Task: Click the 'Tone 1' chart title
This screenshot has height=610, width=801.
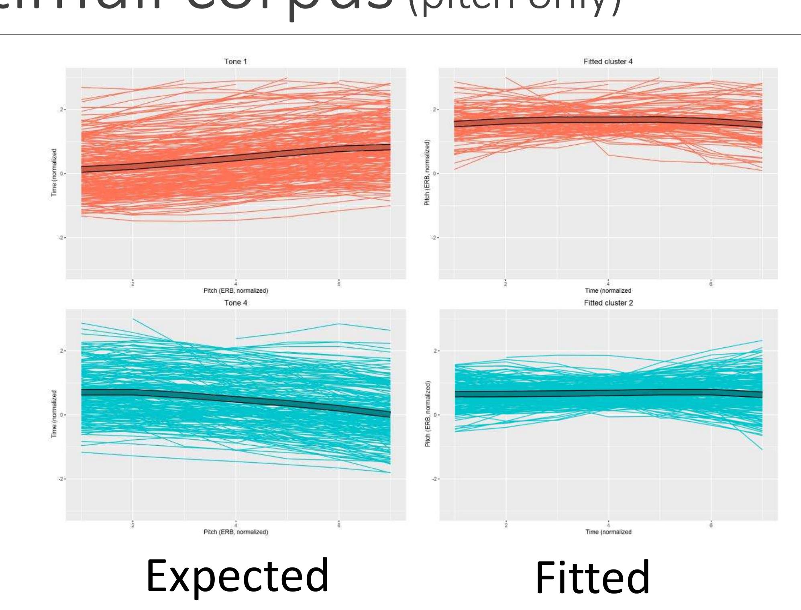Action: [235, 61]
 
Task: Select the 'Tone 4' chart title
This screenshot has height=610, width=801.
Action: [235, 303]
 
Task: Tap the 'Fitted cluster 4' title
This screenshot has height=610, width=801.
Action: [608, 61]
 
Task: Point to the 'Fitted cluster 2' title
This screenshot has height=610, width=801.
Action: [608, 303]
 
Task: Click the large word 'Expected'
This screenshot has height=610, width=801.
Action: [237, 576]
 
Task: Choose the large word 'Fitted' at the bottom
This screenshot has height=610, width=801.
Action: [593, 578]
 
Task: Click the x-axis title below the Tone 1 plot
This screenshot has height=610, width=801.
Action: [235, 290]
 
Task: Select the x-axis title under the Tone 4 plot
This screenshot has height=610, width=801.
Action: [235, 532]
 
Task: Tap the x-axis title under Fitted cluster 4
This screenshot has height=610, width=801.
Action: [608, 290]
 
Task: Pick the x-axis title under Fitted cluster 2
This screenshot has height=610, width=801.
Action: [608, 532]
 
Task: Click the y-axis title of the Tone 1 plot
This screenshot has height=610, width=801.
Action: [54, 173]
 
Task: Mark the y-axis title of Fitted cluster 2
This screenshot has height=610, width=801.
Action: [427, 414]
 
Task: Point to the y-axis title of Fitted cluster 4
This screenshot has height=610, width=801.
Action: [427, 173]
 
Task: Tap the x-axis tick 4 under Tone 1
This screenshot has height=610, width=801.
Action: [236, 284]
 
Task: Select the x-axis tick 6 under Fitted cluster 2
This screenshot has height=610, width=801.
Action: [711, 525]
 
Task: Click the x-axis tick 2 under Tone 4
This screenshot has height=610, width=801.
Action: [132, 525]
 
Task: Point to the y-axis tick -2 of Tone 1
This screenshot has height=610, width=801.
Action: [61, 238]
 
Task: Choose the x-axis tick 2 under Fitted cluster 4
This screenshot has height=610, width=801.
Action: [505, 284]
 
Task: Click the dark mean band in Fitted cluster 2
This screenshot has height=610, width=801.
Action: [608, 394]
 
